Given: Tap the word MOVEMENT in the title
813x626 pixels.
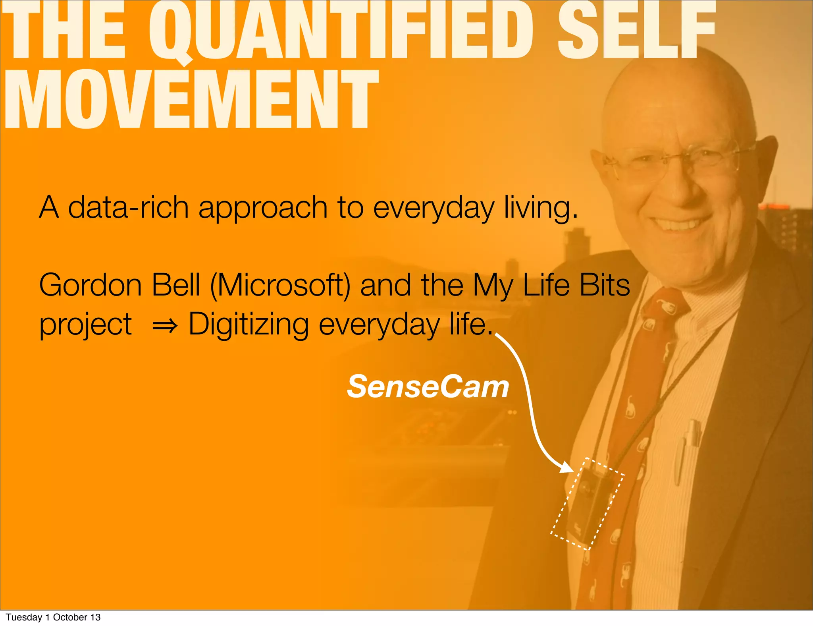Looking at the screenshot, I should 191,99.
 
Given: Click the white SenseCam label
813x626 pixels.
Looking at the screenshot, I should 428,386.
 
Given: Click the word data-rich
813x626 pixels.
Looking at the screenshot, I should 128,207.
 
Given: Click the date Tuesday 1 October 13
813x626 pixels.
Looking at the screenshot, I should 53,617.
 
